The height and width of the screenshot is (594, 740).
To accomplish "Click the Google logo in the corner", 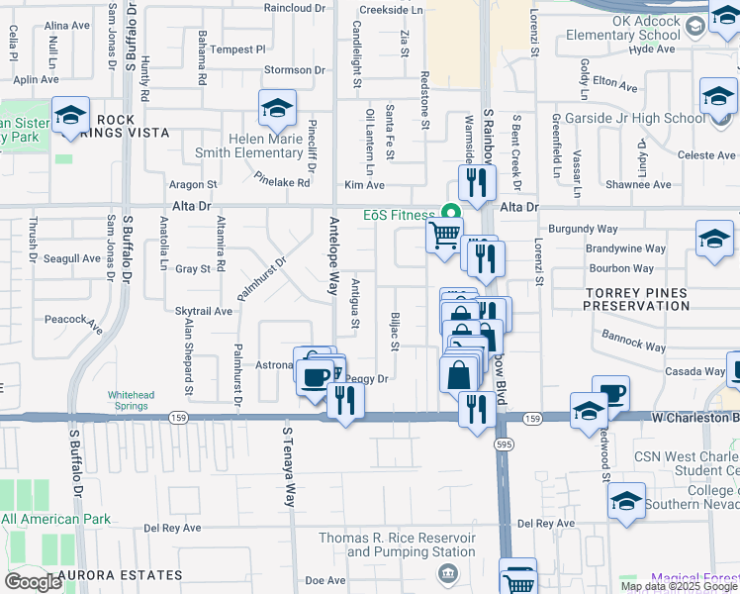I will [x=33, y=582].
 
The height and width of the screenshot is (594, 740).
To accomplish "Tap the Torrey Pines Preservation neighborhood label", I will [x=636, y=300].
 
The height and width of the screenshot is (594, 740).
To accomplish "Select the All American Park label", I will [x=56, y=518].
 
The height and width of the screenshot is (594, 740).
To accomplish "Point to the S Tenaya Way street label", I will [x=290, y=466].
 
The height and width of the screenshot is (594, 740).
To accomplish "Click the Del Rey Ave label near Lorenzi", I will [x=546, y=523].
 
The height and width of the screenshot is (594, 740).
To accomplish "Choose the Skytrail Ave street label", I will [x=204, y=311].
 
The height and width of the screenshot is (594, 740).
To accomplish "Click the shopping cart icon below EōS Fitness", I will [x=444, y=236].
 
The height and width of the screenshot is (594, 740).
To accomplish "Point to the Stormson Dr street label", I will [x=294, y=70].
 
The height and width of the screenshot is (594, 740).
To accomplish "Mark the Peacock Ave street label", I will [x=74, y=322].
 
